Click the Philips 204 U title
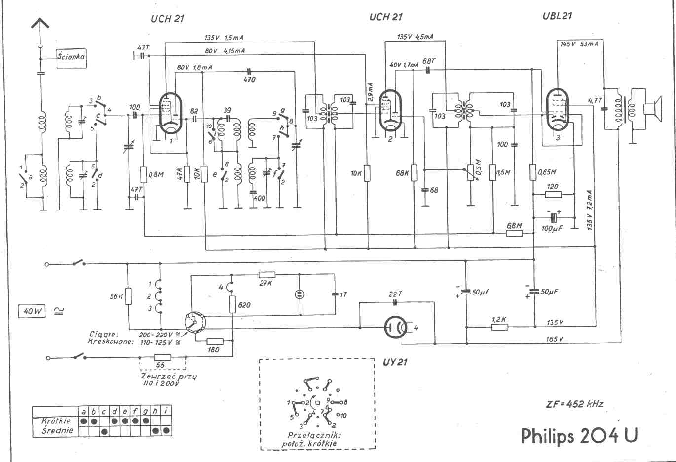(579, 435)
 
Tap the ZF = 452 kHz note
(572, 403)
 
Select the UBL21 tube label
(557, 16)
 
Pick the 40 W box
(32, 311)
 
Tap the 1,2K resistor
(499, 327)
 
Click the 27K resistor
(267, 275)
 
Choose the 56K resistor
(128, 296)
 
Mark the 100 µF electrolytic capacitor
(554, 217)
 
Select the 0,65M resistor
(533, 172)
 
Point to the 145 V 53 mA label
(579, 44)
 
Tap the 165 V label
(554, 339)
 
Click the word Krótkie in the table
(56, 421)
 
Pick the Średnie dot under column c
(105, 431)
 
